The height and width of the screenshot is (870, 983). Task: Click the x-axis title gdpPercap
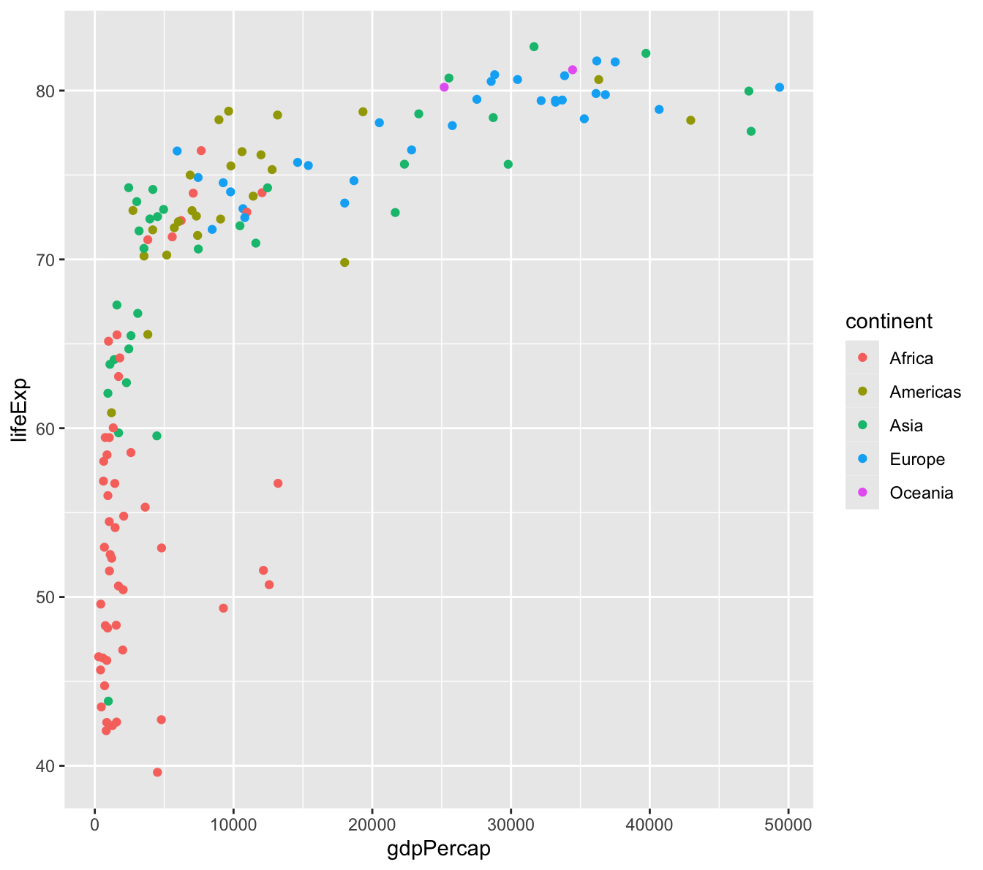pyautogui.click(x=438, y=850)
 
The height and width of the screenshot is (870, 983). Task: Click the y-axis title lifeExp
pyautogui.click(x=19, y=409)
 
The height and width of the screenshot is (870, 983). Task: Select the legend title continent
pyautogui.click(x=889, y=321)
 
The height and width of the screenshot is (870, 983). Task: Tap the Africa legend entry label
pyautogui.click(x=911, y=358)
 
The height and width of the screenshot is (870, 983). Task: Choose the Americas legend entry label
pyautogui.click(x=925, y=392)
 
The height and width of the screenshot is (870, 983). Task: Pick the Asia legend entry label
pyautogui.click(x=906, y=425)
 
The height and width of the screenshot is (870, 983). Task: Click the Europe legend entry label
pyautogui.click(x=917, y=459)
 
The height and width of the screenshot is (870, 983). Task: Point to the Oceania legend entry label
pyautogui.click(x=922, y=493)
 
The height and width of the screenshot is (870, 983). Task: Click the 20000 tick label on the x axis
pyautogui.click(x=372, y=825)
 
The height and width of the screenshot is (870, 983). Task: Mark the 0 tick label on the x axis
pyautogui.click(x=94, y=825)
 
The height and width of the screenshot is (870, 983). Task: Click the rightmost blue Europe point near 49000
pyautogui.click(x=779, y=88)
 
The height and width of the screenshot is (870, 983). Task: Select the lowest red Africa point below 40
pyautogui.click(x=157, y=772)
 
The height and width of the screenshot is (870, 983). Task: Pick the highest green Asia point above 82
pyautogui.click(x=534, y=47)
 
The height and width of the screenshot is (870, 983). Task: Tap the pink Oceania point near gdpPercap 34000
pyautogui.click(x=573, y=70)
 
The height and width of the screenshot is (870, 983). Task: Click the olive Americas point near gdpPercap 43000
pyautogui.click(x=690, y=121)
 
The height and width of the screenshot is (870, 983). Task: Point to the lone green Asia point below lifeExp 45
pyautogui.click(x=108, y=701)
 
